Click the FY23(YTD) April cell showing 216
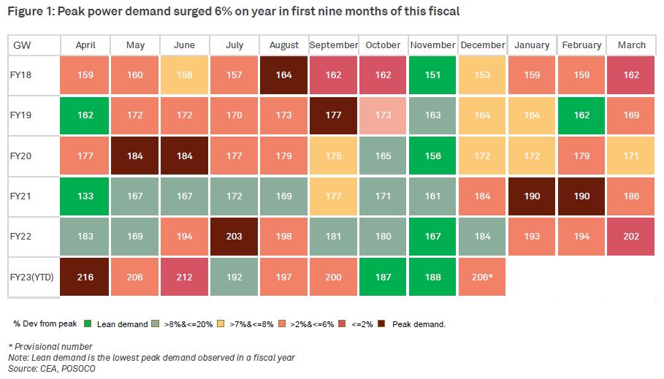[x=85, y=277]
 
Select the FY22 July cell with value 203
[x=234, y=237]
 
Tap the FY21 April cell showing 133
[x=85, y=196]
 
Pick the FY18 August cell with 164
[x=284, y=74]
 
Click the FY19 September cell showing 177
[x=334, y=115]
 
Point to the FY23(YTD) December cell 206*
[x=483, y=277]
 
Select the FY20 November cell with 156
[x=433, y=156]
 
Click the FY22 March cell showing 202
[x=632, y=237]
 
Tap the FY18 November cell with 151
[x=433, y=74]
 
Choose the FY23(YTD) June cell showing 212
[x=185, y=277]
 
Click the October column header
[x=383, y=45]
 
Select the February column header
[x=582, y=45]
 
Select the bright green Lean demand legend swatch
[x=87, y=323]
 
